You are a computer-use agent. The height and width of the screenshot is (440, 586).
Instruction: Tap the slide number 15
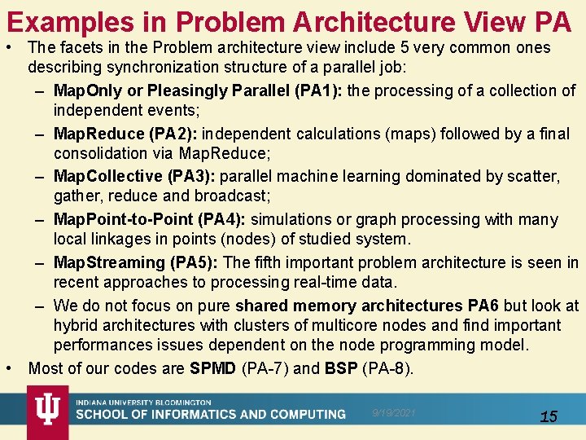tap(549, 416)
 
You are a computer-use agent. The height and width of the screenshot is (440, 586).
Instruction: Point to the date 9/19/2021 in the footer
tap(394, 413)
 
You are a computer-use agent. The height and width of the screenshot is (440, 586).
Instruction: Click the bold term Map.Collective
tap(107, 177)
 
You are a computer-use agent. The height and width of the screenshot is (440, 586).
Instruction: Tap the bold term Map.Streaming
tap(109, 262)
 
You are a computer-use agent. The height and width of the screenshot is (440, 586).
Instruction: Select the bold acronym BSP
tap(340, 368)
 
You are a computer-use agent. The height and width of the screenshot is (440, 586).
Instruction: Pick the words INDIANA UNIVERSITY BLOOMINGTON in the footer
tap(144, 403)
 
